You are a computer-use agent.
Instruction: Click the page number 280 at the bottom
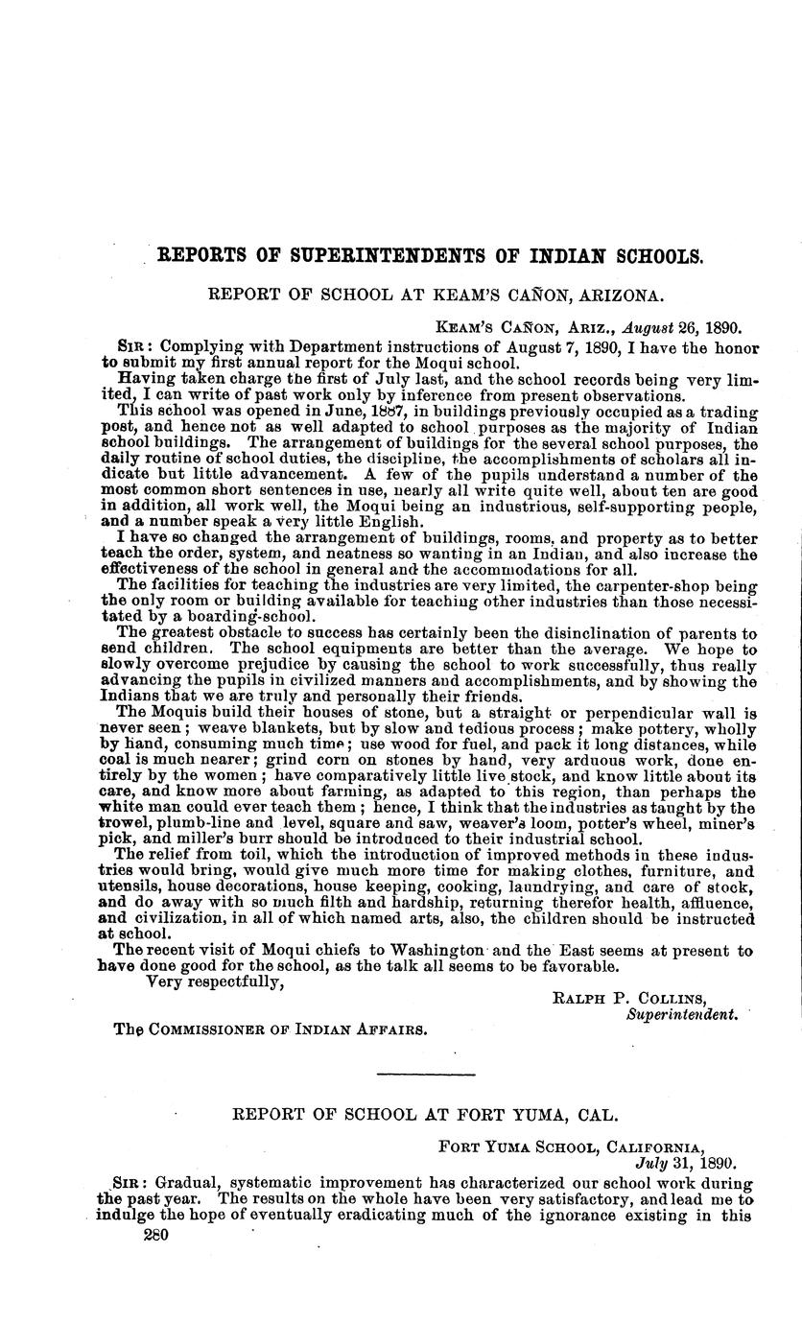click(154, 1238)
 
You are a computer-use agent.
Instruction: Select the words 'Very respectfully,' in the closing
click(214, 981)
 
